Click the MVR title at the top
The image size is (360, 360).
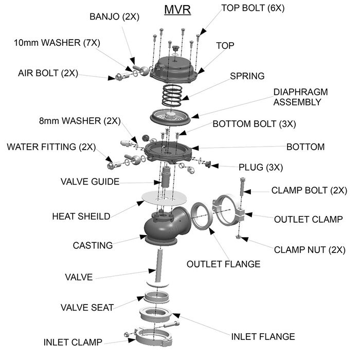click(177, 10)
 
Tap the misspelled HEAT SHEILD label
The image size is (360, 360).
click(81, 216)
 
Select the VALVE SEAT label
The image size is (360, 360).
click(87, 308)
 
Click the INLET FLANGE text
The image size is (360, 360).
click(263, 337)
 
